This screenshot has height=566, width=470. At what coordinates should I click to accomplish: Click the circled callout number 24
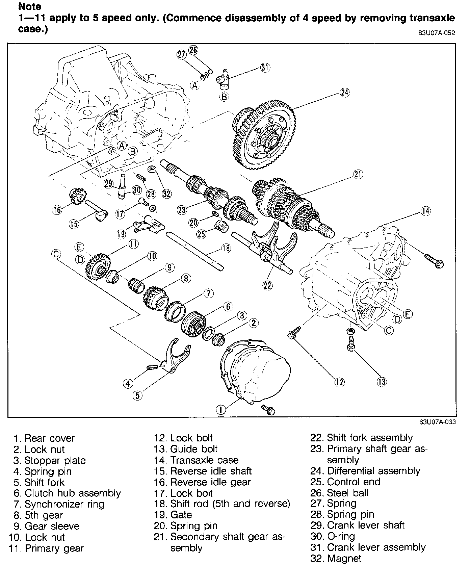tap(344, 93)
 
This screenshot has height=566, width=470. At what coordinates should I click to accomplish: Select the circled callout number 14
tap(425, 211)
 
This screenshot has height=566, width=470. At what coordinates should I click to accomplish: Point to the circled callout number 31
tap(265, 68)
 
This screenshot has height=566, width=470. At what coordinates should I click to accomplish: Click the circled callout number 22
tap(267, 285)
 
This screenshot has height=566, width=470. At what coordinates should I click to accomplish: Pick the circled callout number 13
tap(382, 382)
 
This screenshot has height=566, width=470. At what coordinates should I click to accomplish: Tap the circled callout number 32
tap(166, 194)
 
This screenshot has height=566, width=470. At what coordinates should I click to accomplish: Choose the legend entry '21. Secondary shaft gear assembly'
tap(219, 542)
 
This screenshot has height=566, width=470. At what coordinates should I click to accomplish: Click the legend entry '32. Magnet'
tap(336, 559)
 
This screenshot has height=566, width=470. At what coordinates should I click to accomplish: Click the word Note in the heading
tap(30, 6)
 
